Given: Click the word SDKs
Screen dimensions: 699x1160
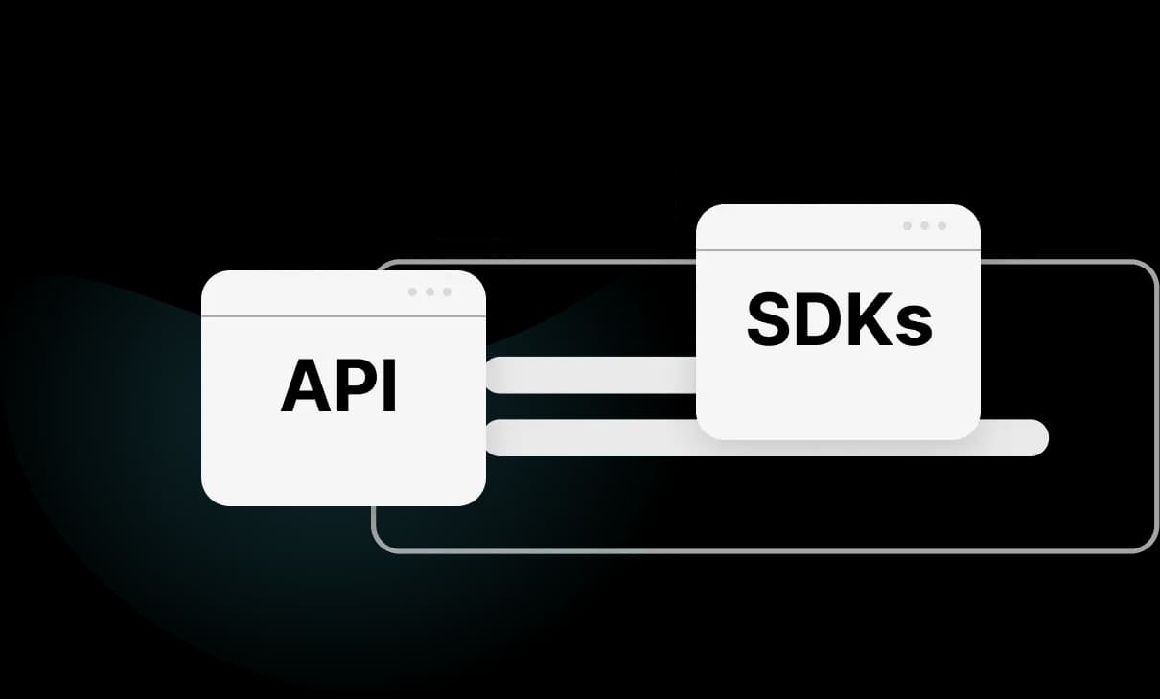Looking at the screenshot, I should pyautogui.click(x=839, y=321).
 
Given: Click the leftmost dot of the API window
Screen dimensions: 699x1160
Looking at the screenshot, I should pyautogui.click(x=413, y=291).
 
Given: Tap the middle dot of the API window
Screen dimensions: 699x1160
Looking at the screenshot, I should pyautogui.click(x=429, y=291).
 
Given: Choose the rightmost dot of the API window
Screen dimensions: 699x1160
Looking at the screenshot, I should pyautogui.click(x=446, y=291).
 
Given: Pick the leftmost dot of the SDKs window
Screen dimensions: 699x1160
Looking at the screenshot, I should pyautogui.click(x=908, y=226).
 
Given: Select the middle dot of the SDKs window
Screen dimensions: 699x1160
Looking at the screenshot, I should pyautogui.click(x=924, y=226).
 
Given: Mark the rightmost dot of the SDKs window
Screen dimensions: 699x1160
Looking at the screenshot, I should pyautogui.click(x=941, y=226).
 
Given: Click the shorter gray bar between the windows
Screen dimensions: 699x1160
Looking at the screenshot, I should pyautogui.click(x=591, y=375).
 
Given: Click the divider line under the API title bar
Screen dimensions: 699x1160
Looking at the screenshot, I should pyautogui.click(x=343, y=315).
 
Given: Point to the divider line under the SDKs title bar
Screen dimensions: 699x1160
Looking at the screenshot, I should pyautogui.click(x=838, y=250).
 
